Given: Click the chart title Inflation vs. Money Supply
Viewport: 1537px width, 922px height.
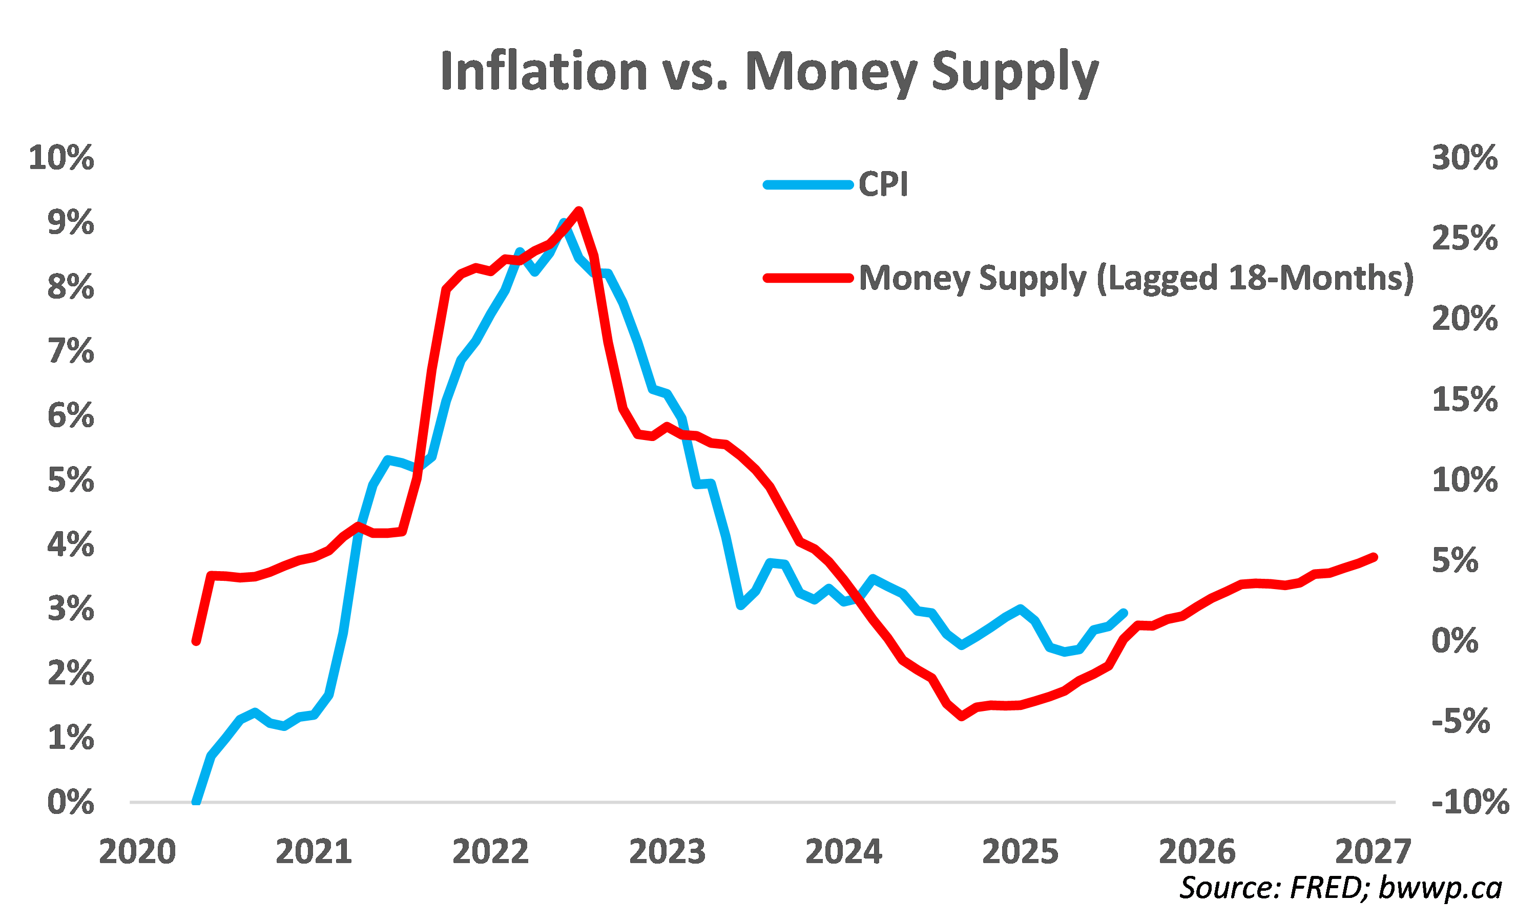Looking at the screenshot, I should click(x=769, y=72).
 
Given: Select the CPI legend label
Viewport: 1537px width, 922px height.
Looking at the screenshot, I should click(x=883, y=184).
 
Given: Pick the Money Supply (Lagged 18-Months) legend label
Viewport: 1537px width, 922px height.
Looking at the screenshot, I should click(x=1136, y=278).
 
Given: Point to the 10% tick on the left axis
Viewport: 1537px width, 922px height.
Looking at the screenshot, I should click(x=61, y=158).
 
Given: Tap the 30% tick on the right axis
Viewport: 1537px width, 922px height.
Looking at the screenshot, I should click(x=1464, y=158).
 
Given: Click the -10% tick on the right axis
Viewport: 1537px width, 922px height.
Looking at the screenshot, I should click(x=1470, y=802).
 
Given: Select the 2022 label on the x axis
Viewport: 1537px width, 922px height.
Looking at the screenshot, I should click(x=490, y=852).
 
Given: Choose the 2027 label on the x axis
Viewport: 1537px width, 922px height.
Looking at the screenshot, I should click(x=1373, y=852).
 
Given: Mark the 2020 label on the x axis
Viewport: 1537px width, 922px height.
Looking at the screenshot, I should click(x=137, y=852).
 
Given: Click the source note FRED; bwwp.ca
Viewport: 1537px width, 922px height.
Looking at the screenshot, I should click(x=1341, y=888).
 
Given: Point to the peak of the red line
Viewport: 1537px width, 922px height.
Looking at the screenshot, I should click(x=578, y=210).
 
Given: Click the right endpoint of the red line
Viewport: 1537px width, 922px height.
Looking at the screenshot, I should click(x=1374, y=557).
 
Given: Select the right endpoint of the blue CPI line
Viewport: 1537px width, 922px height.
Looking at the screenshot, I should click(x=1124, y=613).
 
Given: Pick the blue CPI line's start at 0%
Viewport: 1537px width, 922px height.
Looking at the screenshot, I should click(x=196, y=802).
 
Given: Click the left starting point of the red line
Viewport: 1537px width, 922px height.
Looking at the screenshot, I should click(x=196, y=641).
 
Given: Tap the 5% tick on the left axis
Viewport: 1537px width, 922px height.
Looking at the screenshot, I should click(x=71, y=480).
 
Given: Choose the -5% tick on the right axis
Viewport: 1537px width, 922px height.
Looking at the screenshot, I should click(x=1461, y=721).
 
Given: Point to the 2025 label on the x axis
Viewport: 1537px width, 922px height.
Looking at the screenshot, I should click(x=1020, y=852).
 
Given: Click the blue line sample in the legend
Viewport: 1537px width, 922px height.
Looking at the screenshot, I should click(x=807, y=184).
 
